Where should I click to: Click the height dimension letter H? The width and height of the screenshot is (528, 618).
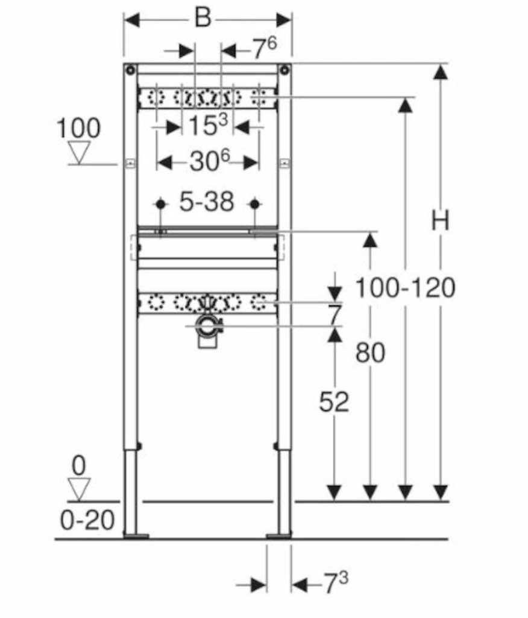(440, 221)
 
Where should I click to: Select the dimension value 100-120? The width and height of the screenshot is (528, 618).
(405, 287)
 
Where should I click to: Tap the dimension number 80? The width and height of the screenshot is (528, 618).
(370, 352)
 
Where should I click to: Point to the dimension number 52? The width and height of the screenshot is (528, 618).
(334, 402)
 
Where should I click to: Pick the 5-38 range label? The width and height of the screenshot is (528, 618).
(207, 202)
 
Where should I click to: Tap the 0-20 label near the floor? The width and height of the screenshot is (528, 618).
(87, 520)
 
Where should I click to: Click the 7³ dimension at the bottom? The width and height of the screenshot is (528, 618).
(336, 584)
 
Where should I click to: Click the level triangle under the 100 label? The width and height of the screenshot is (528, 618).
(79, 153)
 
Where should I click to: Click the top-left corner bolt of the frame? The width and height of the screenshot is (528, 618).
(130, 71)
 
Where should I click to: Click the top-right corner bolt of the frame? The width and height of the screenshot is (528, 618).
(284, 71)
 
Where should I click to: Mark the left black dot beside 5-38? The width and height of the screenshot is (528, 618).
(160, 204)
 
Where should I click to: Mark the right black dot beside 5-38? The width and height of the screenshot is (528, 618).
(255, 204)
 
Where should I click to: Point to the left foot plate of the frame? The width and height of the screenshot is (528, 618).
(136, 536)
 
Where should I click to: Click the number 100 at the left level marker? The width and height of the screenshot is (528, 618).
(79, 128)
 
